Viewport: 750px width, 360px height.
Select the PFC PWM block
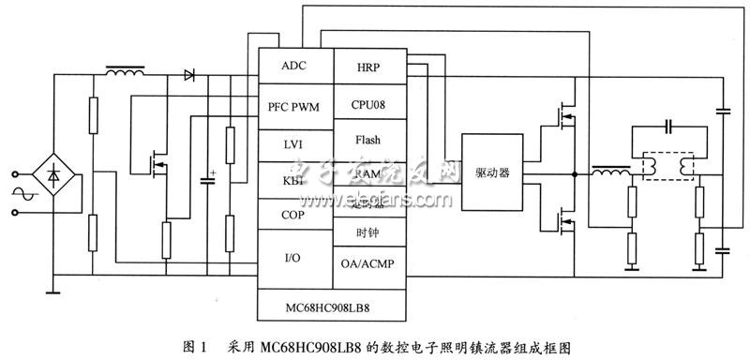pyautogui.click(x=294, y=107)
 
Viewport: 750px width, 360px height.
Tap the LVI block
pyautogui.click(x=294, y=144)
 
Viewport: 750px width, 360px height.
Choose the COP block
pyautogui.click(x=294, y=215)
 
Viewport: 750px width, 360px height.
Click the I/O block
pyautogui.click(x=294, y=255)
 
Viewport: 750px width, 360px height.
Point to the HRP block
pyautogui.click(x=368, y=67)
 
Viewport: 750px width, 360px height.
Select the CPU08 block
pyautogui.click(x=368, y=103)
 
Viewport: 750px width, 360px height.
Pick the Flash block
pyautogui.click(x=368, y=139)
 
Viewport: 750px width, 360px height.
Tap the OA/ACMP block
pyautogui.click(x=368, y=263)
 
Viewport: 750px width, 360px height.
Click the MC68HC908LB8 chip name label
pyautogui.click(x=332, y=306)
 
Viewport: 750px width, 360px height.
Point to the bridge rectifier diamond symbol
pyautogui.click(x=56, y=174)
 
